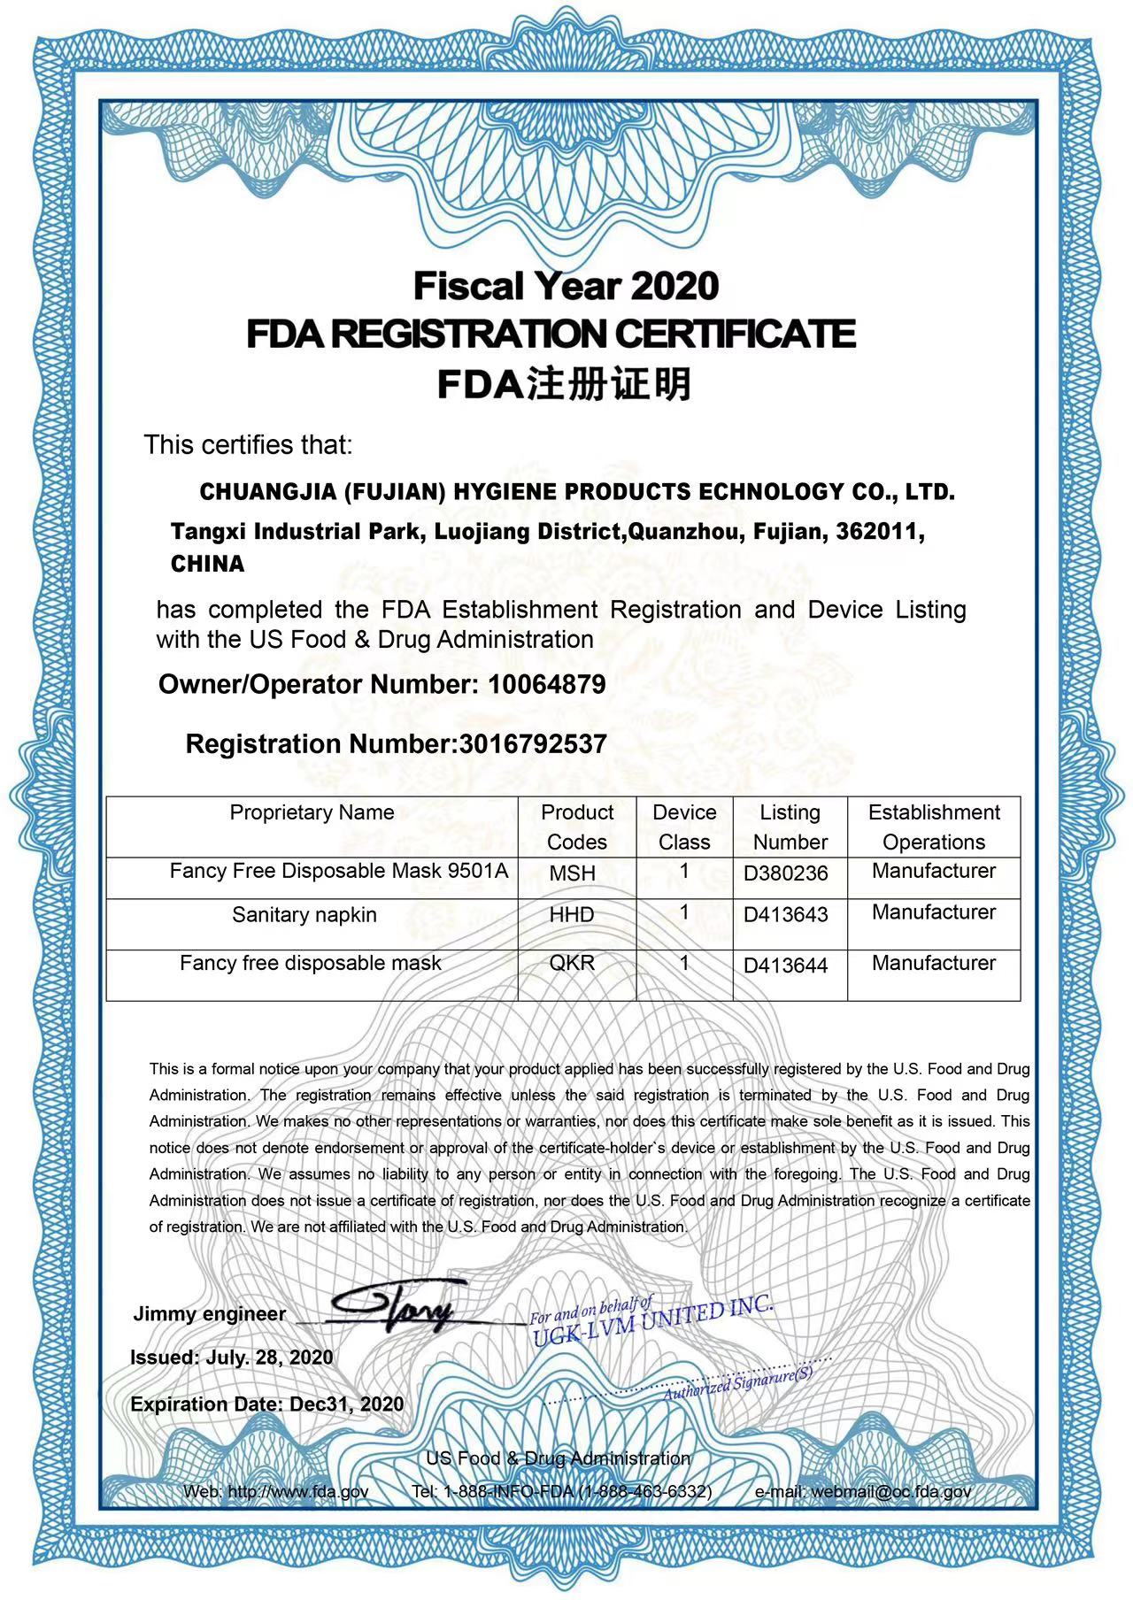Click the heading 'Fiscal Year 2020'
tap(566, 286)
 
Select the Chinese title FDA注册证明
tap(565, 385)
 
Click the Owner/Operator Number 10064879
tap(546, 684)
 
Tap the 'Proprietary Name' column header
tap(312, 812)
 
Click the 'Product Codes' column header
tap(577, 827)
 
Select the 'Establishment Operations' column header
tap(934, 827)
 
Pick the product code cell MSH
tap(572, 873)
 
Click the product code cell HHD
tap(572, 914)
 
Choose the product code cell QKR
tap(572, 963)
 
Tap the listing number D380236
tap(786, 873)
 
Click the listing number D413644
tap(786, 965)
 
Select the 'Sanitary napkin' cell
tap(304, 914)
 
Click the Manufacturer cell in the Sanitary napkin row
tap(934, 912)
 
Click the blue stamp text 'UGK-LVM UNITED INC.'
tap(653, 1321)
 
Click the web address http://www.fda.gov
tap(298, 1491)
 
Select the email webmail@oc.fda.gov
tap(890, 1491)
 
